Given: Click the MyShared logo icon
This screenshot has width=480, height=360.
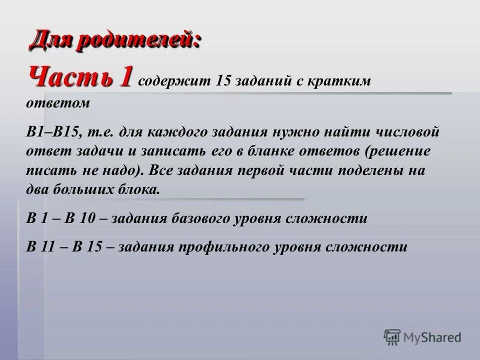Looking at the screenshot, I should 392,336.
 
